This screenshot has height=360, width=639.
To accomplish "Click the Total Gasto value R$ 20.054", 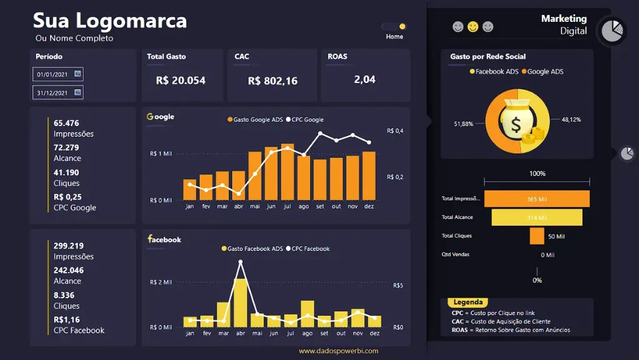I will (x=180, y=80).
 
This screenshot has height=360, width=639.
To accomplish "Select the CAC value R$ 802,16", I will (x=273, y=81).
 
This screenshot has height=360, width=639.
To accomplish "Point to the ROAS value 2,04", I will (x=364, y=79).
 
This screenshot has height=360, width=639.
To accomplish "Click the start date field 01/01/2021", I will (x=57, y=74).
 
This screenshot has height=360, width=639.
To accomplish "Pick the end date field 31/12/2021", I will (x=57, y=93).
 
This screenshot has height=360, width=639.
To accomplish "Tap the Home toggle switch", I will (x=394, y=27).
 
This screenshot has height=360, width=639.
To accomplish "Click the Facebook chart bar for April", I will (x=241, y=303).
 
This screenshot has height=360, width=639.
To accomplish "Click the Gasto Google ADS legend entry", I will (x=255, y=120).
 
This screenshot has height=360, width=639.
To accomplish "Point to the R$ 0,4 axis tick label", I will (x=395, y=131).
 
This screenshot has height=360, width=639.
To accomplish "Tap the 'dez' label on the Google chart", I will (x=369, y=207).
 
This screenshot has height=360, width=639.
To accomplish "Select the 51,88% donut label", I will (x=463, y=124).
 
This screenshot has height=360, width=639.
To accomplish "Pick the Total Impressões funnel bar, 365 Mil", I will (x=537, y=199).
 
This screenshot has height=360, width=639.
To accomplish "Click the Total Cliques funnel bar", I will (x=537, y=236).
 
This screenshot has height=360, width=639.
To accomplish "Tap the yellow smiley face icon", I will (x=473, y=27).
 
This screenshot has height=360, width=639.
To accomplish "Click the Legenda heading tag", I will (x=468, y=303).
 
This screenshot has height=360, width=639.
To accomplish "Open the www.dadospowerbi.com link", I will (x=338, y=351).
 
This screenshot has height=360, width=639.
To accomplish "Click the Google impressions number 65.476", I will (x=66, y=124).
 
